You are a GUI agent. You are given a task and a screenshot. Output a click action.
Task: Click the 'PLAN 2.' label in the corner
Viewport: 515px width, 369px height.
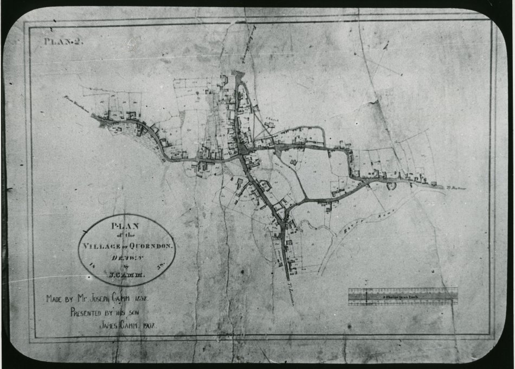[63, 41]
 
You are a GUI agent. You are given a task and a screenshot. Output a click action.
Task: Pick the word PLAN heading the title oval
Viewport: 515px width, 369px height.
[125, 225]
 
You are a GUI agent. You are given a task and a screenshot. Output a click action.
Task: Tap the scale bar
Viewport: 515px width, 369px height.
[402, 296]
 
